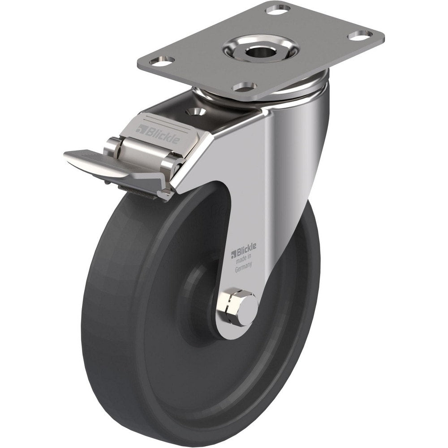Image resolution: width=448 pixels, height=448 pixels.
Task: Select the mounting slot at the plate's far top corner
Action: point(278,9)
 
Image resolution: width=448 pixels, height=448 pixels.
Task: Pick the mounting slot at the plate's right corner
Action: point(361,34)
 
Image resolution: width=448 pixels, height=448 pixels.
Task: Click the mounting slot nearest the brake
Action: point(245,86)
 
